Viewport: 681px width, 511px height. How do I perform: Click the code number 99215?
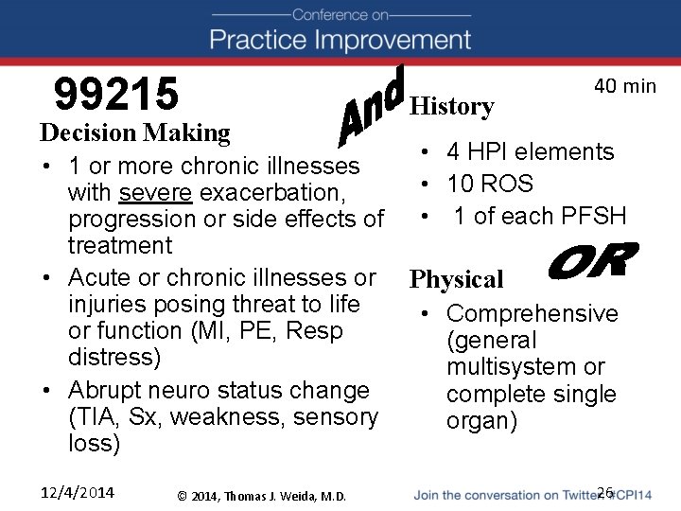[x=116, y=94]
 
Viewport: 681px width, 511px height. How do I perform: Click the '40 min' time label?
[x=624, y=86]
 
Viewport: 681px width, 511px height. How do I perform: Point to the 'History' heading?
[x=452, y=107]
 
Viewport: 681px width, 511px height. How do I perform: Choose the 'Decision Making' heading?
[x=135, y=132]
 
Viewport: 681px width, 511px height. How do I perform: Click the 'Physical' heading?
[x=456, y=279]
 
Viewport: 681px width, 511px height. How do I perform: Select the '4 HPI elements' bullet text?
[x=531, y=151]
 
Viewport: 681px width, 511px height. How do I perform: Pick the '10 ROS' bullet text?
[x=490, y=184]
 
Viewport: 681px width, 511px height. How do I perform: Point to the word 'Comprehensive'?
[x=532, y=313]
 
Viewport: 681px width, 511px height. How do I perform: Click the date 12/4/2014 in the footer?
[x=78, y=492]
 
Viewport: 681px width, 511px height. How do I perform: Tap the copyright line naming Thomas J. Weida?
[x=262, y=496]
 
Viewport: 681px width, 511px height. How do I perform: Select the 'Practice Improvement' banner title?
[x=340, y=40]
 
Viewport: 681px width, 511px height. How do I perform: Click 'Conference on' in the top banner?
[x=340, y=14]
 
